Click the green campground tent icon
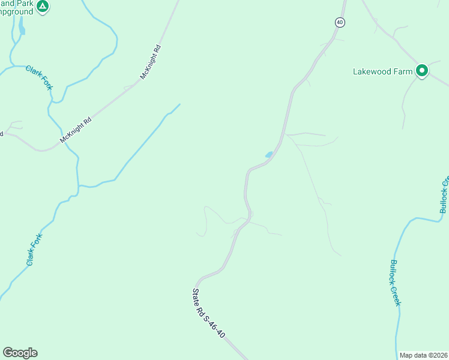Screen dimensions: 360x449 point(42,7)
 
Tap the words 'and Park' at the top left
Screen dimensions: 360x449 point(17,3)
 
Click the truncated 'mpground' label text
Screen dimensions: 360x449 point(17,12)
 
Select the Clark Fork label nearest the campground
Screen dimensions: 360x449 point(40,78)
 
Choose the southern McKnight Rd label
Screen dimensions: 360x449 point(76,130)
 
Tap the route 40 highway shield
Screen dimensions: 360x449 point(340,22)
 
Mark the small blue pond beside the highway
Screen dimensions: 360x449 point(268,155)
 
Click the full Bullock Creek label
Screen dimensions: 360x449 point(394,283)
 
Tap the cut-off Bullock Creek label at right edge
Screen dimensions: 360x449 point(444,196)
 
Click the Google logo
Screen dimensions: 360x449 point(20,353)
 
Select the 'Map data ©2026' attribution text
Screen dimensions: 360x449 point(423,355)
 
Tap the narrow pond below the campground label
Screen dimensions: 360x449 point(22,25)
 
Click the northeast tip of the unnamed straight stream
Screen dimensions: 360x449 point(179,104)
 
